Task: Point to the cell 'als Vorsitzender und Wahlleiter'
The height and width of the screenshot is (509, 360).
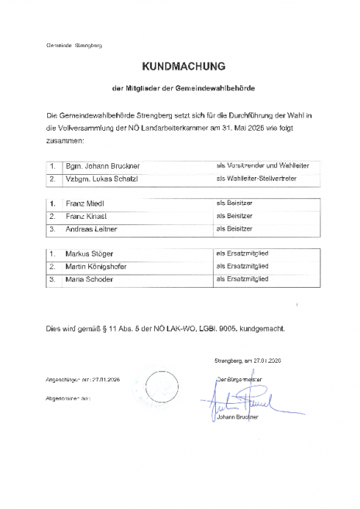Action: click(x=262, y=166)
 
